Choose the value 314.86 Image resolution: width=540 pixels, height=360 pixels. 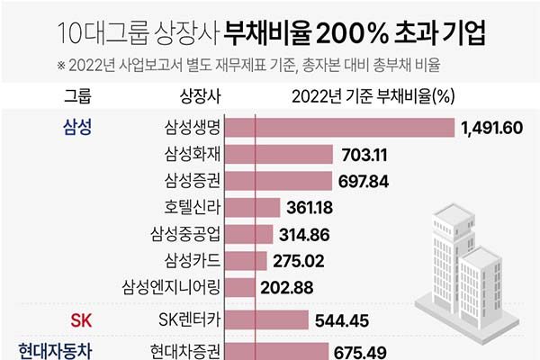(x=304, y=234)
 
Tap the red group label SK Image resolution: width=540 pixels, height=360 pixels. (x=81, y=319)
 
